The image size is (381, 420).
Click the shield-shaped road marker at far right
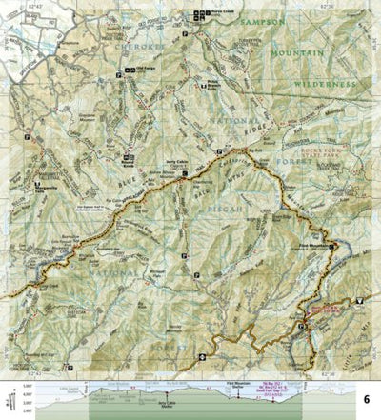pyautogui.click(x=360, y=302)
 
